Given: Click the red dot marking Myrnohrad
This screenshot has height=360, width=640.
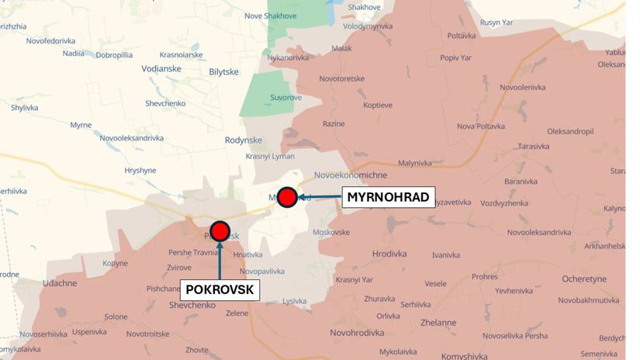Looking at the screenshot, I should [288, 197].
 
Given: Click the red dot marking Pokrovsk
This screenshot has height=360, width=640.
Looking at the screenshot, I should [220, 230].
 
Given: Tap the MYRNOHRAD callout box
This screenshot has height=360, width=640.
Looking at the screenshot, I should [388, 197].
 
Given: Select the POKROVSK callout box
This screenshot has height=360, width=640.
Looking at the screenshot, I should [220, 290].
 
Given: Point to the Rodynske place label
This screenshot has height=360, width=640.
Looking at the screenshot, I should [243, 140].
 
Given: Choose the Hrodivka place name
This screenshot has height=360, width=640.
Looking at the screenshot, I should [389, 254].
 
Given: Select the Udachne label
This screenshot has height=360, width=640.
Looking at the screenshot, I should [61, 283].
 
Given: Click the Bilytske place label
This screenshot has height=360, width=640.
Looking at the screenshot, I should [226, 71].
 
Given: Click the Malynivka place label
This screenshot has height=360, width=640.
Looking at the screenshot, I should [414, 163].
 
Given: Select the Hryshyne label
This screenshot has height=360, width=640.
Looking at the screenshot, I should [140, 170].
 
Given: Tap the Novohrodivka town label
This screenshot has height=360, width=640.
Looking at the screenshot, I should [357, 333].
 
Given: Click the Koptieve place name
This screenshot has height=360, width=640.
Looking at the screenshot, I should [377, 105].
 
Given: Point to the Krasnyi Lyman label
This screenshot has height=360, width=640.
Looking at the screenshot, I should [270, 156].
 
